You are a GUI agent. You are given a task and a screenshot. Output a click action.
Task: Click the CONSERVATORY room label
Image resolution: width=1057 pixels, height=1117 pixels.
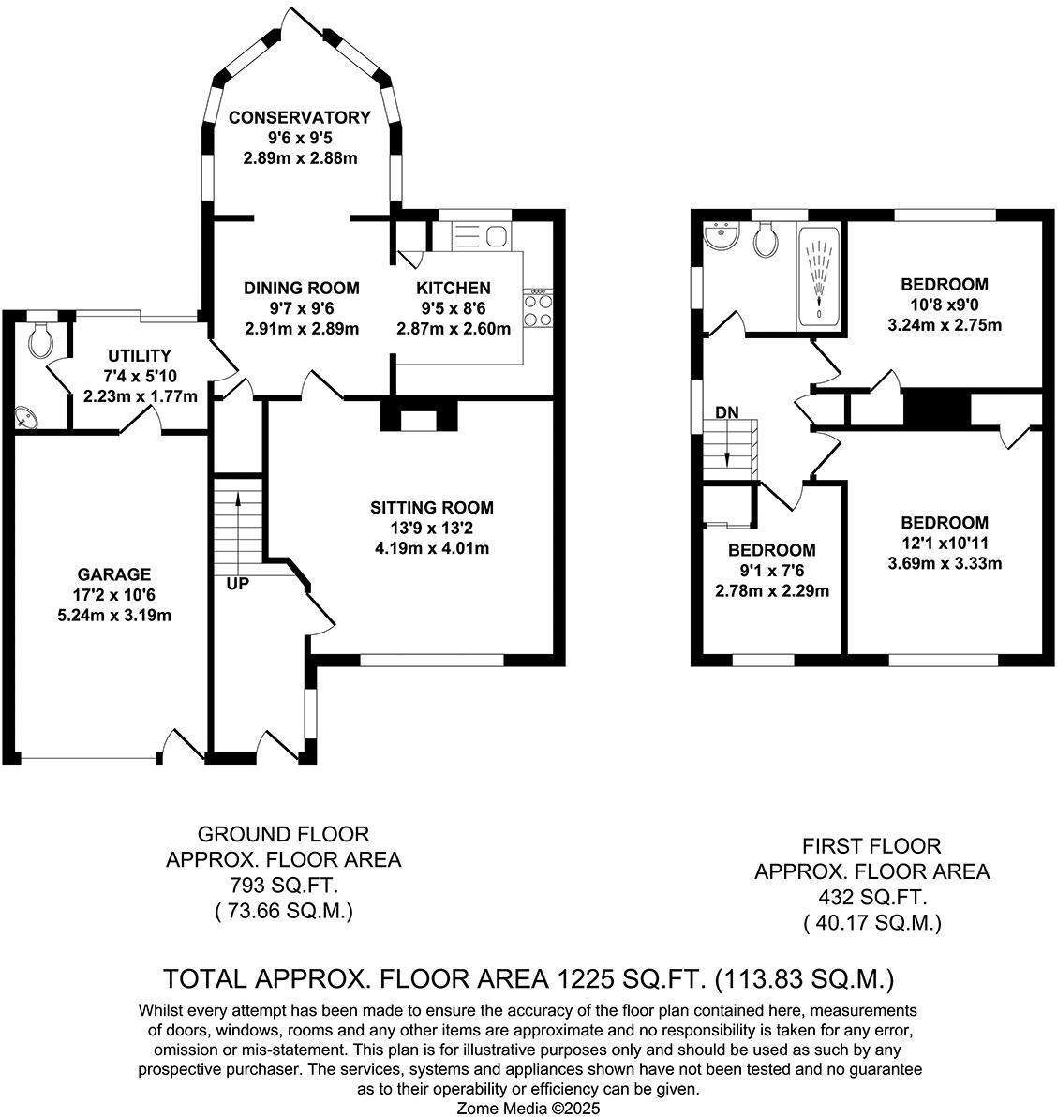300,117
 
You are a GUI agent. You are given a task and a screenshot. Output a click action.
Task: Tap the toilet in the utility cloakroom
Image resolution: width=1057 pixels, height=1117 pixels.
40,341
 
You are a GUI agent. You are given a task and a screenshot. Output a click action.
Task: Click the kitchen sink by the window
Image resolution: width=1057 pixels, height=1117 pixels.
479,234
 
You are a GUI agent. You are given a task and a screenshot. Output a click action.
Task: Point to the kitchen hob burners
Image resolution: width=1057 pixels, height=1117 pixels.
538,309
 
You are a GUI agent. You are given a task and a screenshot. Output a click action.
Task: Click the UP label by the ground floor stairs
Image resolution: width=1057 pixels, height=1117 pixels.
238,584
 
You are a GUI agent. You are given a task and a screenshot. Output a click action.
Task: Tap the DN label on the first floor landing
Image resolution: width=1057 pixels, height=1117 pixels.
726,411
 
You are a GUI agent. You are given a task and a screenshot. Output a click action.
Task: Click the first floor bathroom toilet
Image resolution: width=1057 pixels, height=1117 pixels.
767,240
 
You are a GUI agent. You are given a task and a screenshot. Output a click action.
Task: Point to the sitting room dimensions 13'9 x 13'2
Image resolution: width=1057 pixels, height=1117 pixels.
431,528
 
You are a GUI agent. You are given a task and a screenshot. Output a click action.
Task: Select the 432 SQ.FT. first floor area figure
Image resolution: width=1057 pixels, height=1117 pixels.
872,896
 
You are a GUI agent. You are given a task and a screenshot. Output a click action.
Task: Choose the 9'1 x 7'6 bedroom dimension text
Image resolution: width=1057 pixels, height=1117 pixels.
771,571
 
